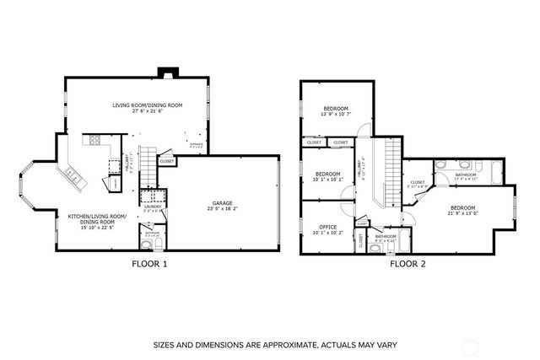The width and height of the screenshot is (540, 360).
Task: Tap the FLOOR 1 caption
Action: (x=150, y=263)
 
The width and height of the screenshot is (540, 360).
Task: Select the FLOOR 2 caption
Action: (x=408, y=263)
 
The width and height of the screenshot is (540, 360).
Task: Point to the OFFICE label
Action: (x=329, y=227)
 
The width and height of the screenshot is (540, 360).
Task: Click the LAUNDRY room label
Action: (x=152, y=207)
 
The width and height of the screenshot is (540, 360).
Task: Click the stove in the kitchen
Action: (x=92, y=141)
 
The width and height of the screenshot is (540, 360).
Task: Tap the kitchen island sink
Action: (x=71, y=176)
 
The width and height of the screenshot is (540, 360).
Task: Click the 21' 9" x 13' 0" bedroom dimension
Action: (x=462, y=213)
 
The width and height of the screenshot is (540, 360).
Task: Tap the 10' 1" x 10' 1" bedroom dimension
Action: (x=329, y=179)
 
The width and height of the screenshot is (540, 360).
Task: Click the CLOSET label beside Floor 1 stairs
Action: (x=166, y=160)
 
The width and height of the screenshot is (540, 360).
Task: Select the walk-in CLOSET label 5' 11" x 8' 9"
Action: (x=418, y=184)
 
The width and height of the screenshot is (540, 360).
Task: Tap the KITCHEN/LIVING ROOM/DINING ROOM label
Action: (x=97, y=218)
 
